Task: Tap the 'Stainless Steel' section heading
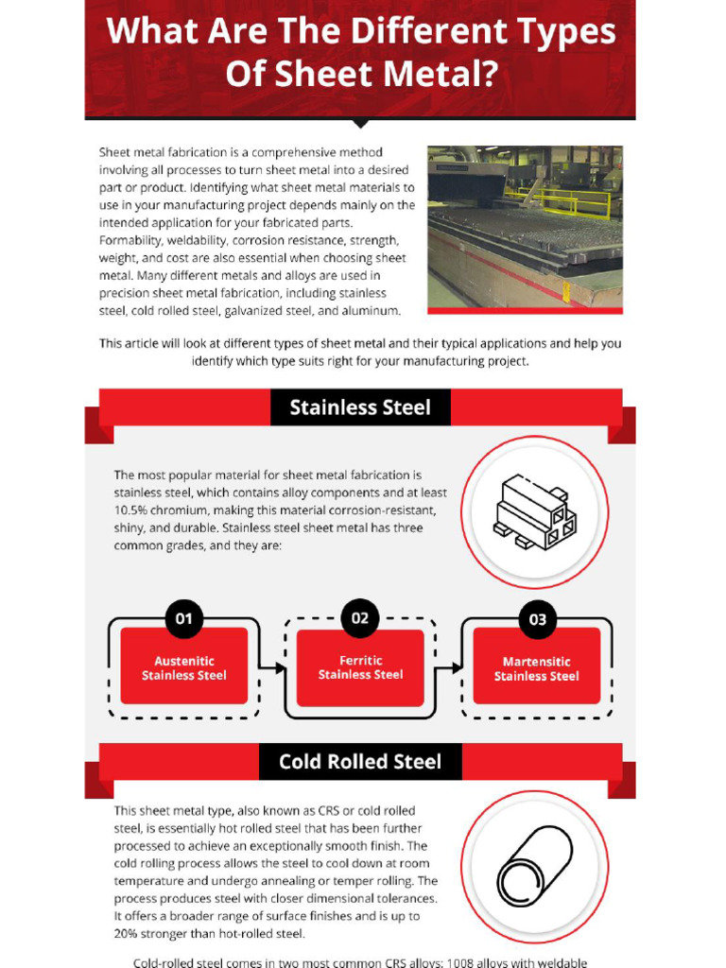point(360,407)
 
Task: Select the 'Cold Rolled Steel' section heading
point(360,761)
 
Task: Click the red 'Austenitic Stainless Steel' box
point(184,668)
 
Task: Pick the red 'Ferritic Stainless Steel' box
point(360,668)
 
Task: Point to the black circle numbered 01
point(184,619)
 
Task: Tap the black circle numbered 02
point(360,618)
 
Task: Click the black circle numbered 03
point(537,619)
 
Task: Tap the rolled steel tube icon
point(535,865)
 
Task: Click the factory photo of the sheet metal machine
point(525,228)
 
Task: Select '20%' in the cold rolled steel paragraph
point(128,934)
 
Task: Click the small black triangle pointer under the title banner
point(360,123)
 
